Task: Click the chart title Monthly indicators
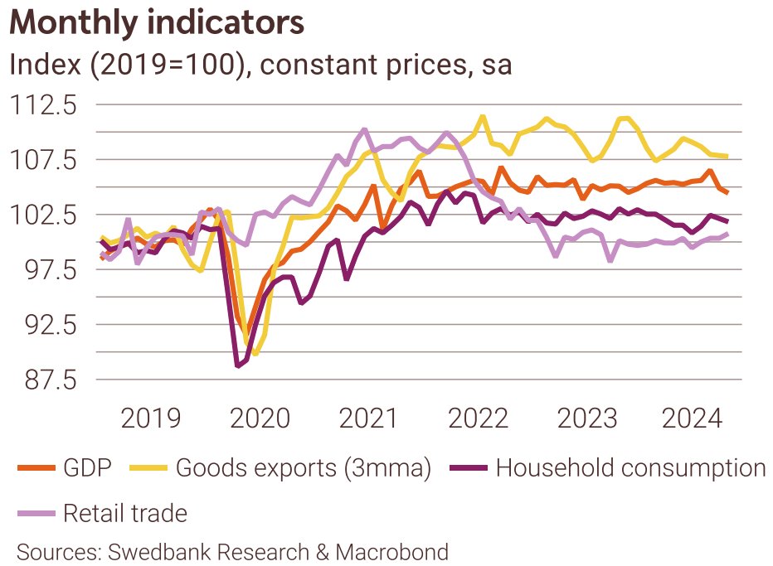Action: (x=157, y=22)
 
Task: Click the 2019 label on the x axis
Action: (x=151, y=418)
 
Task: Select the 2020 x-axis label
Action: (x=260, y=418)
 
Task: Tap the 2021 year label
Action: (x=368, y=418)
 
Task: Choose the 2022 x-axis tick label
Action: (x=477, y=418)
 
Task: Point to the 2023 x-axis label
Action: (x=586, y=418)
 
